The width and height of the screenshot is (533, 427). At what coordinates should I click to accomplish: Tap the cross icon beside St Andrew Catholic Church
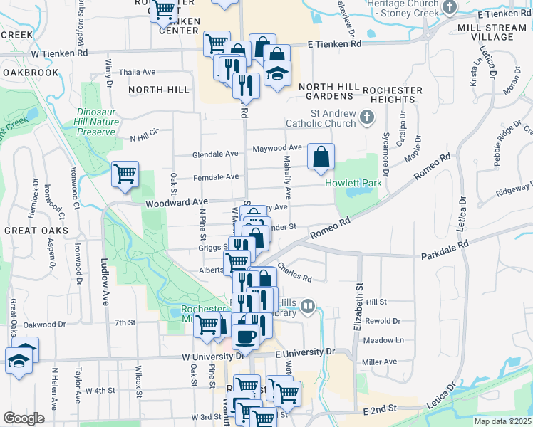click(367, 116)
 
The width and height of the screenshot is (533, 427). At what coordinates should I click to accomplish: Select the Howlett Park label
click(353, 183)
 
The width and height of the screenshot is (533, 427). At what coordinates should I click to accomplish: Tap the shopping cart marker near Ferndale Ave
click(125, 173)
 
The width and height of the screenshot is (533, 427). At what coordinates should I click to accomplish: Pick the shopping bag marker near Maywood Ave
click(321, 155)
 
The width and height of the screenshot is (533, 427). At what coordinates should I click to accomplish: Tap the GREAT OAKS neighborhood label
click(36, 231)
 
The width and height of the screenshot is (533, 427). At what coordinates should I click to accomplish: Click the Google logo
click(24, 418)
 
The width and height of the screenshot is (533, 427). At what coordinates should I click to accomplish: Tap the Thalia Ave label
click(138, 72)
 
